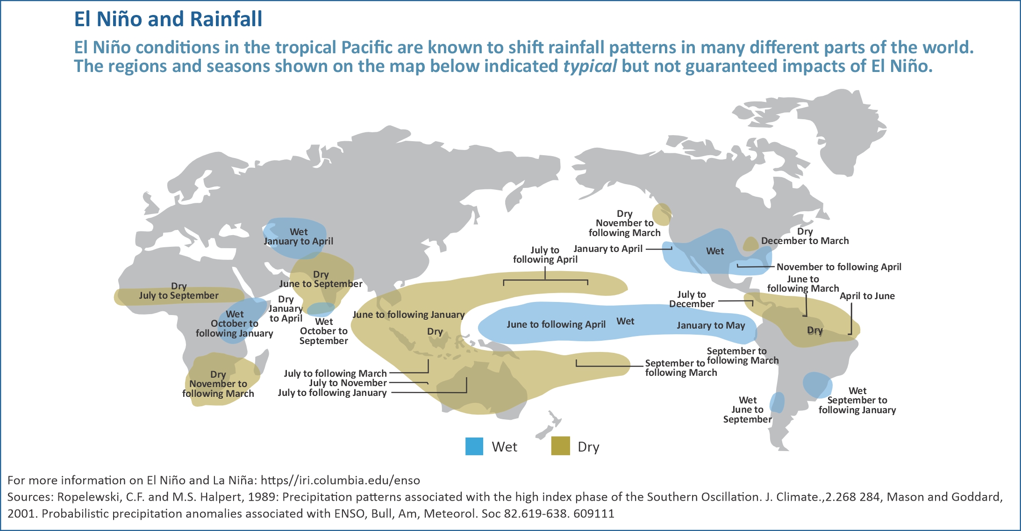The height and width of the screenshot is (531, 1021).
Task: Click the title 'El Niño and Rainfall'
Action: tap(168, 19)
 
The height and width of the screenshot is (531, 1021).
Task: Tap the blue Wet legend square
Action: tap(474, 446)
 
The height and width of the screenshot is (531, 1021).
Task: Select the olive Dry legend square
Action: tap(561, 446)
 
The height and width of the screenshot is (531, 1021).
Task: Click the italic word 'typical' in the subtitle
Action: tap(590, 66)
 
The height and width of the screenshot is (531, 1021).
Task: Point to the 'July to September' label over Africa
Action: tap(178, 295)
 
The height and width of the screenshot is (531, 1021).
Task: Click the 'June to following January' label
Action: tap(408, 315)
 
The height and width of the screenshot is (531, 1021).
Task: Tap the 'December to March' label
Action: tap(805, 241)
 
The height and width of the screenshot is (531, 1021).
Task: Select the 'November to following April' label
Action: tap(839, 267)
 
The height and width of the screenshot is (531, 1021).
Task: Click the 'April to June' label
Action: tap(867, 296)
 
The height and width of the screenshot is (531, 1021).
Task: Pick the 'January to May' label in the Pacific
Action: tap(711, 325)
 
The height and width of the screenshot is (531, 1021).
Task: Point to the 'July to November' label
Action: tap(348, 383)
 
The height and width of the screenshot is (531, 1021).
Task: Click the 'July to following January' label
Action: tap(332, 393)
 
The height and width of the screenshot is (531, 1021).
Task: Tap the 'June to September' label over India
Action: tap(321, 284)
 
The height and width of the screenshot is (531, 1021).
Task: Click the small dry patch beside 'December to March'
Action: tap(750, 244)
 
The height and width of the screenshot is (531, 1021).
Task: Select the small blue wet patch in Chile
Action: tap(777, 402)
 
